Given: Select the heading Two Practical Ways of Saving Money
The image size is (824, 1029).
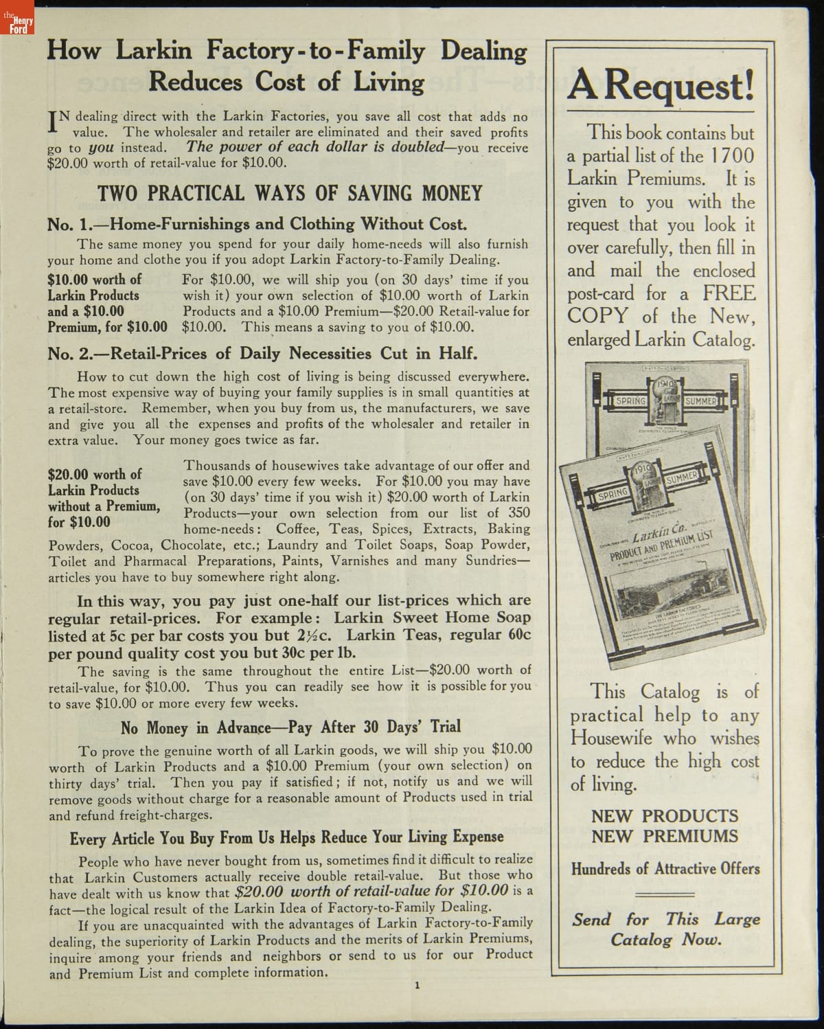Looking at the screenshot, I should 290,193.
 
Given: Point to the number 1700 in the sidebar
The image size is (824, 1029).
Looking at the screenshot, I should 732,156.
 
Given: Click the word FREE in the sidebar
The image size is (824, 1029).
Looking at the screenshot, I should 729,293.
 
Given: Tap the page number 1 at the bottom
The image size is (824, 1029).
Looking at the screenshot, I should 417,985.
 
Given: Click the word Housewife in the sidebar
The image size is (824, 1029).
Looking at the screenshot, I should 612,739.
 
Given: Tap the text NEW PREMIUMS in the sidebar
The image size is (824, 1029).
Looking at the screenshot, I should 665,837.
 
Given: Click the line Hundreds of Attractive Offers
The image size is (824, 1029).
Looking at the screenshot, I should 665,868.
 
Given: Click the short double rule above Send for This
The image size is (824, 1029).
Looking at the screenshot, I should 665,894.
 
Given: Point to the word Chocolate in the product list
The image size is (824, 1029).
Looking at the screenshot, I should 192,545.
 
